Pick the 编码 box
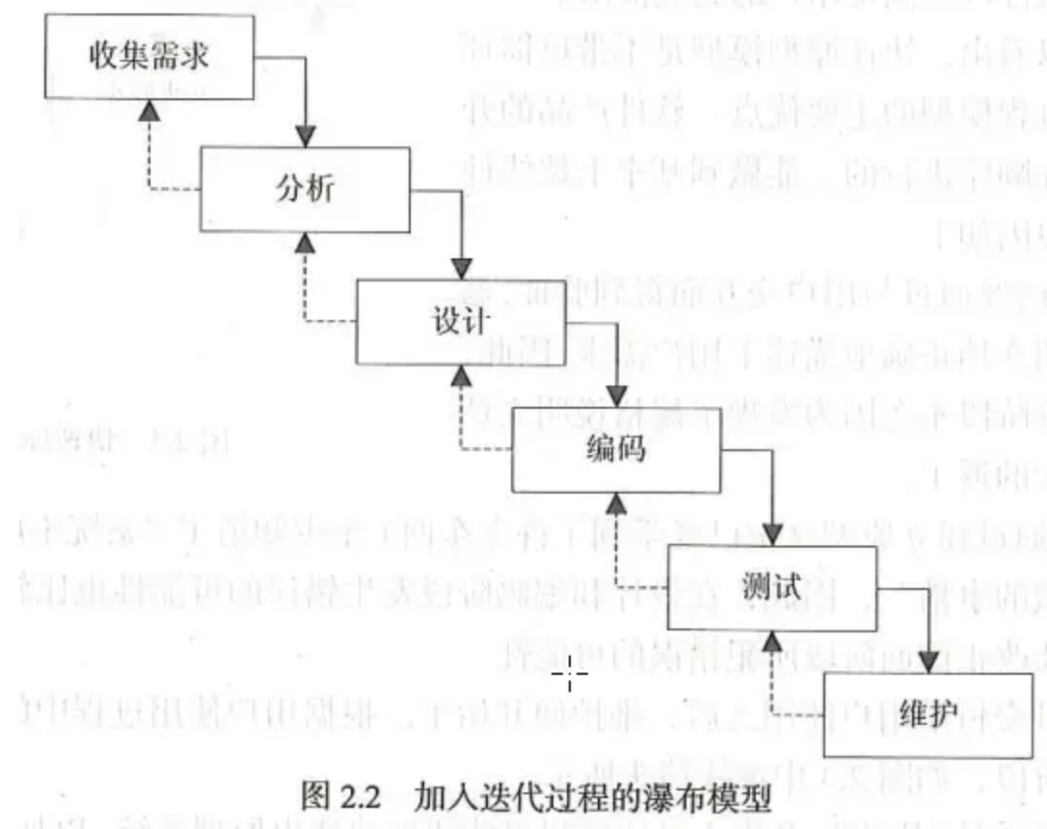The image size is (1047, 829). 615,450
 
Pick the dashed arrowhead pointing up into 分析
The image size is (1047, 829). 305,244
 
